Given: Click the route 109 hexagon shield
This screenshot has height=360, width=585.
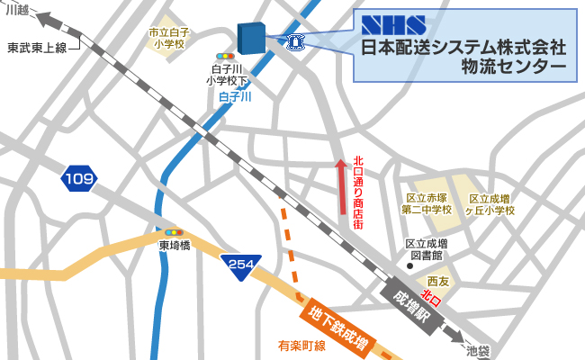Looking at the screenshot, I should (79, 179).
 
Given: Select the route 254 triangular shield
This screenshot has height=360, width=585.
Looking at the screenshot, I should (241, 265).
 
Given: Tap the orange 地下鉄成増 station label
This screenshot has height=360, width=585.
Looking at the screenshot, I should (339, 328).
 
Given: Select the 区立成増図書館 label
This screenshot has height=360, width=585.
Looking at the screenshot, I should (427, 249).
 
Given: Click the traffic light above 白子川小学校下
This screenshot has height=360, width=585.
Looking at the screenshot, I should (225, 56).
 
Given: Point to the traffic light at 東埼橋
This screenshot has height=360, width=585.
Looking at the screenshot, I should (174, 232).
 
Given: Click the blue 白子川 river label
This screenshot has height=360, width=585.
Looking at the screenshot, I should (235, 95).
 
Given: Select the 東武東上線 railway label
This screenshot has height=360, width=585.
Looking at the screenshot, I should (37, 48).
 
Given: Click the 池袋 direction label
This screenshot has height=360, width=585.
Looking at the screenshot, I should (478, 350).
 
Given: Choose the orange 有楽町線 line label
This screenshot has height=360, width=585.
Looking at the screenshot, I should (301, 346).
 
